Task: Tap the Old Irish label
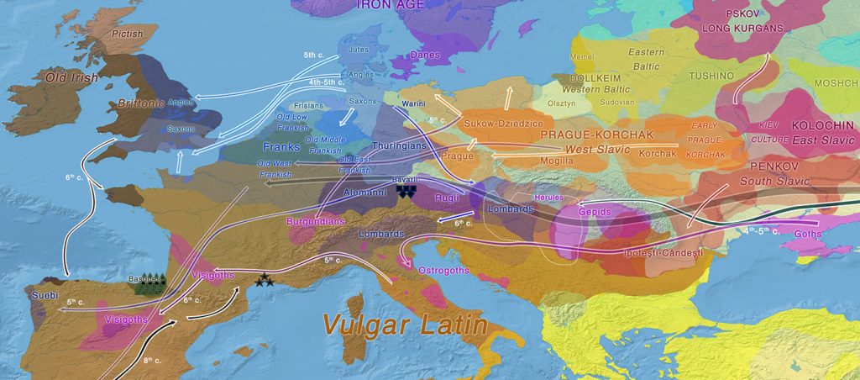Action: coord(72,78)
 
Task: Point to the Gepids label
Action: coord(595,212)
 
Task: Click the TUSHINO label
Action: coord(711,76)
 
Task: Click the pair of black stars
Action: coord(266,281)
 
